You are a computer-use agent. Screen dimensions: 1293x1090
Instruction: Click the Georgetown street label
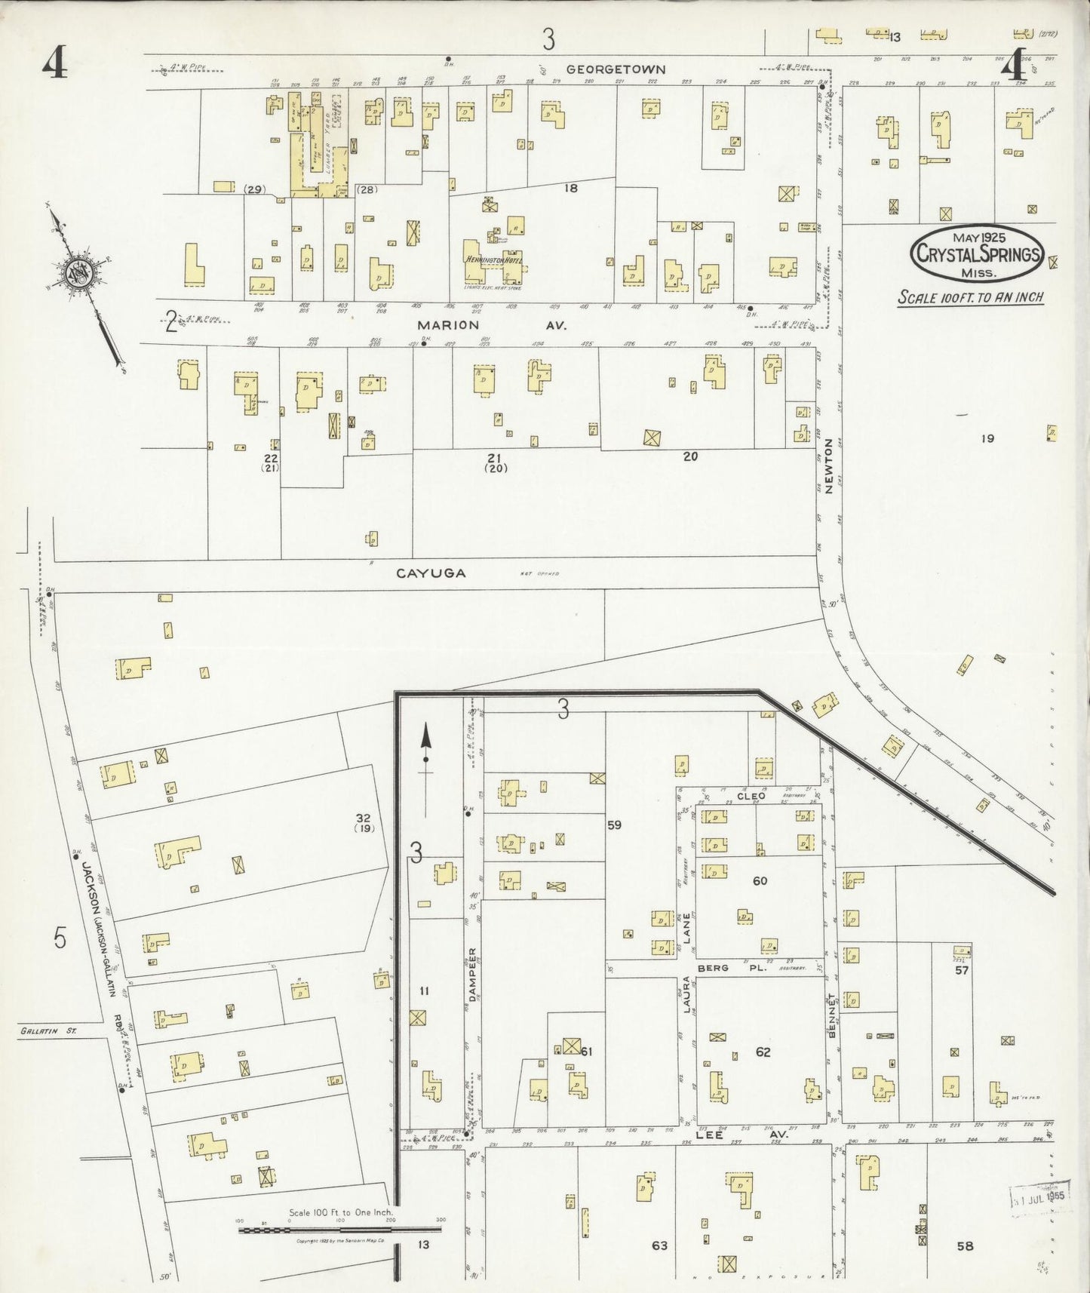(616, 69)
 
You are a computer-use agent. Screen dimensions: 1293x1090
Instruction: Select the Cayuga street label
(431, 573)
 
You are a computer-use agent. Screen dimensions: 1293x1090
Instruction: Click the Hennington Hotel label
(494, 260)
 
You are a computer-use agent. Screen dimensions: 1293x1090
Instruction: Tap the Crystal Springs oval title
(977, 254)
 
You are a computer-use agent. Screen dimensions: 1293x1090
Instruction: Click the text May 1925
(978, 237)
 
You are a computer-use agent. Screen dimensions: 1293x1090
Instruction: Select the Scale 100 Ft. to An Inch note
(970, 297)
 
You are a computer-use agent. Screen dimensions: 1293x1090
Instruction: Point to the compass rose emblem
(79, 273)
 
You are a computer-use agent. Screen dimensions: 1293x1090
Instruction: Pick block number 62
(763, 1052)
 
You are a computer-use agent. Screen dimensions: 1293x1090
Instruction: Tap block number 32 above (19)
(364, 817)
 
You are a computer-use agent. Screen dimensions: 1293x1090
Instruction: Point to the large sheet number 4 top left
(54, 63)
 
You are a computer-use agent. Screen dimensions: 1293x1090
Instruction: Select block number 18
(571, 188)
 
